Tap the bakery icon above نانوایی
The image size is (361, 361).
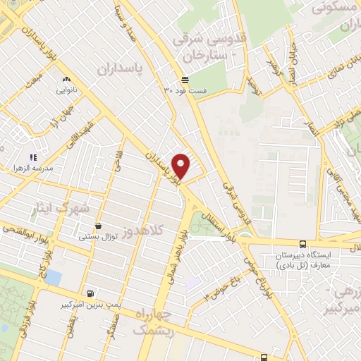(67, 80)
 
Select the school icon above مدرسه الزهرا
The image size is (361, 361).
(32, 157)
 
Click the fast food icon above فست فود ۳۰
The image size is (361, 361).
(185, 79)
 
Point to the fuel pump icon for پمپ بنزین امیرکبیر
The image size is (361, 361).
(90, 294)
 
